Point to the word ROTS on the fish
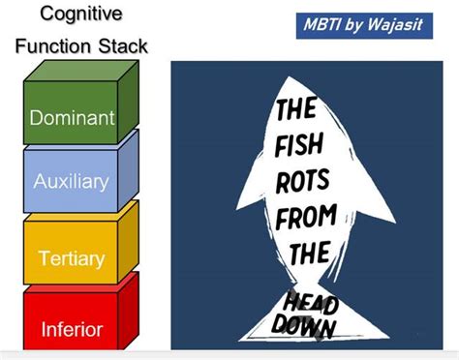click(304, 182)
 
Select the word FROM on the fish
click(306, 217)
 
